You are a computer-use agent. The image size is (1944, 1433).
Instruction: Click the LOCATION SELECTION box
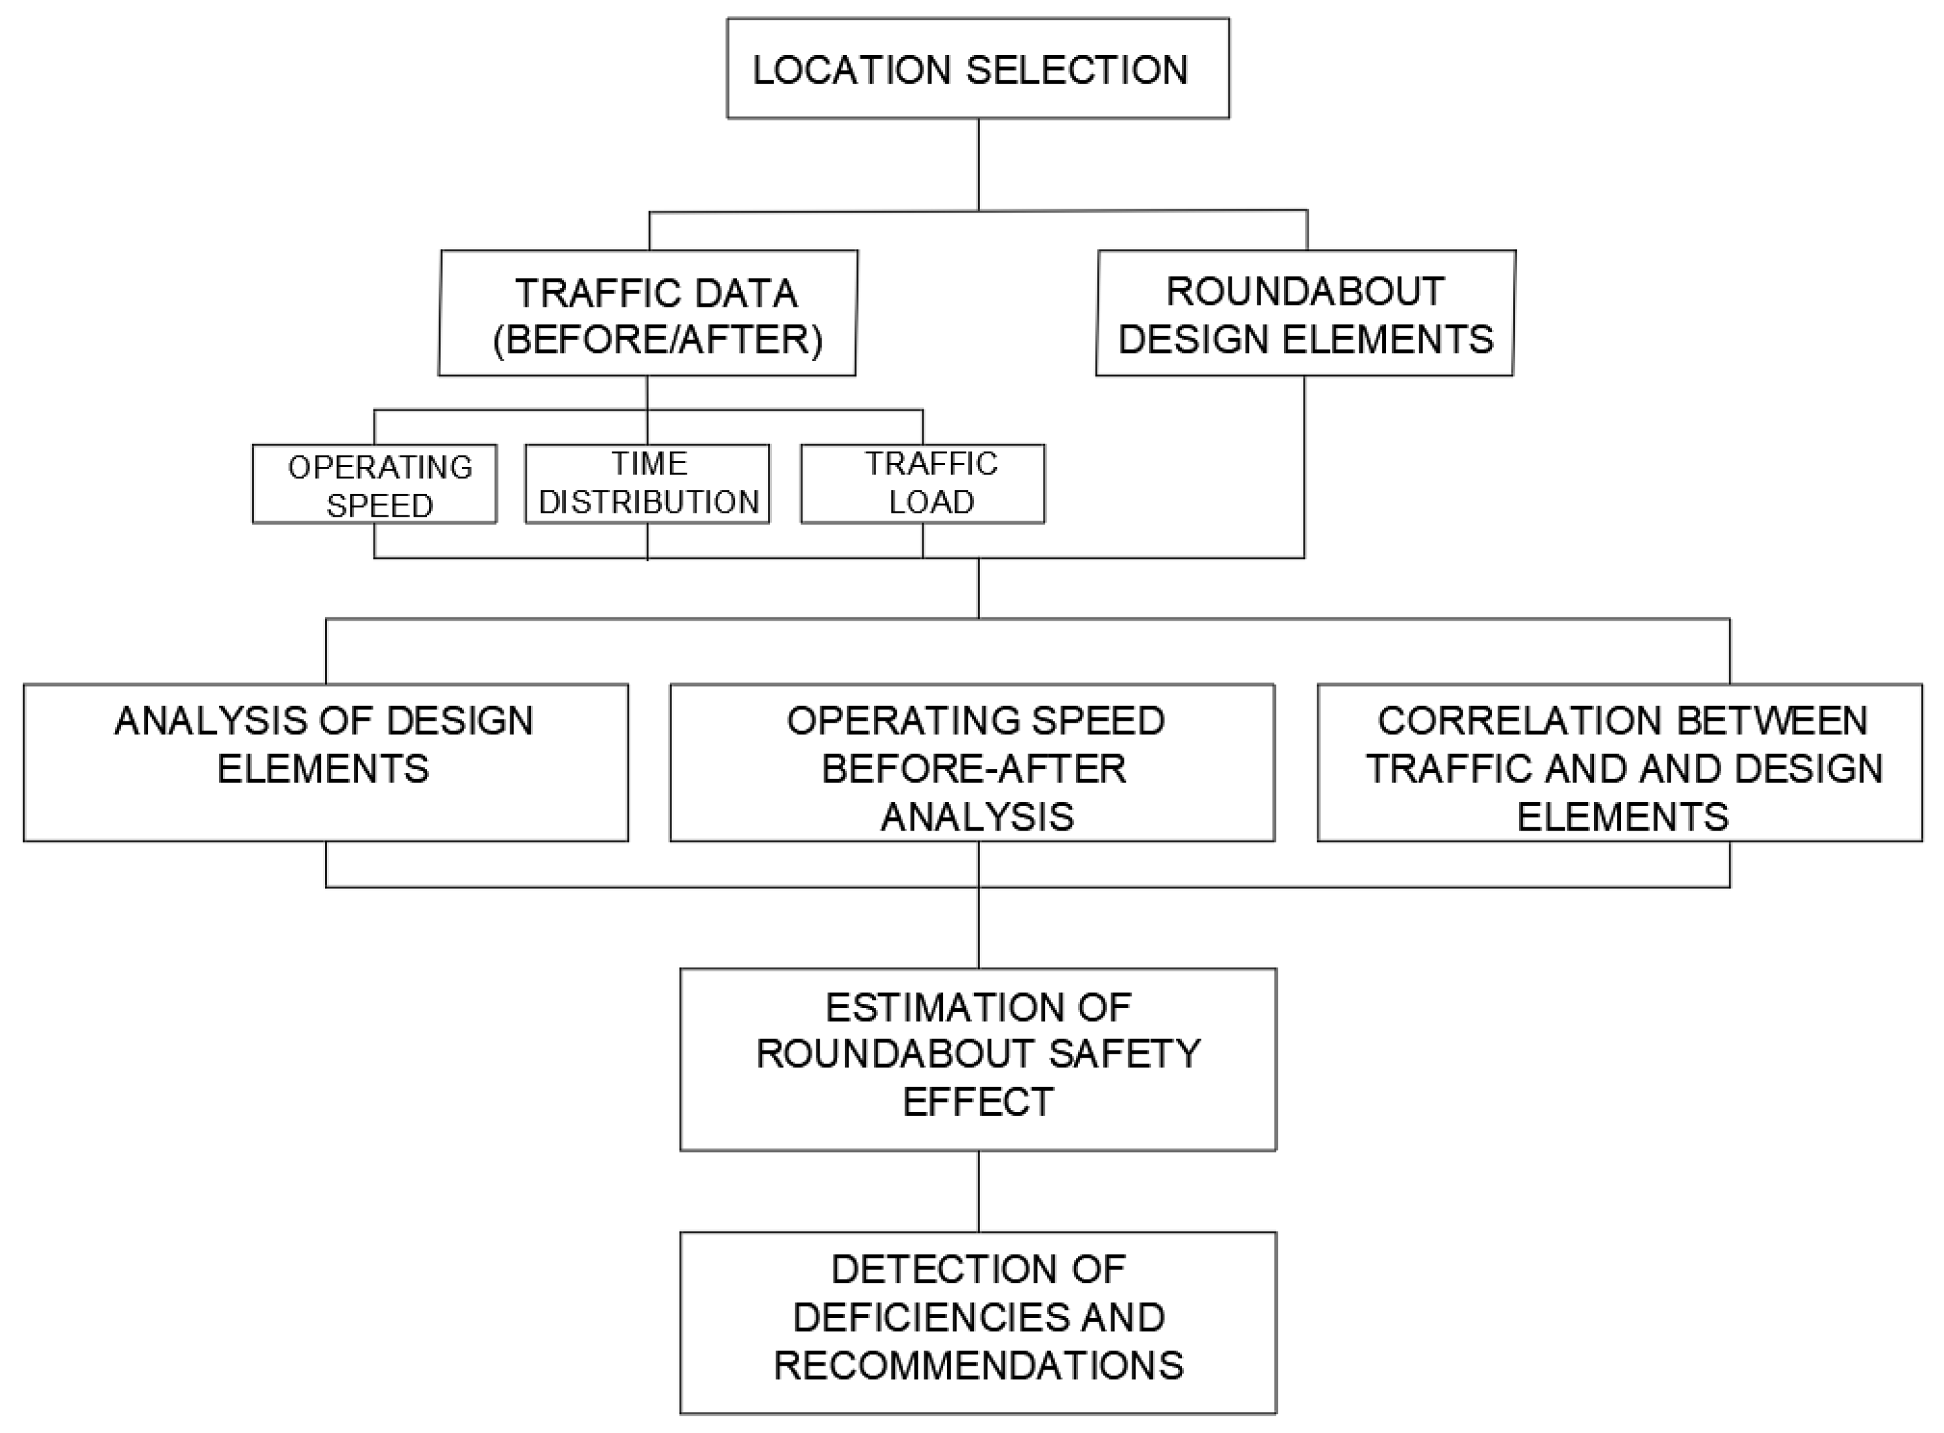tap(978, 69)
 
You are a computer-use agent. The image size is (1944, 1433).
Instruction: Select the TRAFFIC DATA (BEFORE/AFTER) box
tap(647, 313)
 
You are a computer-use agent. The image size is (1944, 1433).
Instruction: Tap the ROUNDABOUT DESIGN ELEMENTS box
tap(1305, 313)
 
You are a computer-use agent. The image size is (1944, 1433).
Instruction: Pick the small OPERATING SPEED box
tap(374, 484)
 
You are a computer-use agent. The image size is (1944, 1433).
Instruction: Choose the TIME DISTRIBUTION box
tap(647, 484)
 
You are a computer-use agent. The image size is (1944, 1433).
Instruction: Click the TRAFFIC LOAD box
tap(922, 484)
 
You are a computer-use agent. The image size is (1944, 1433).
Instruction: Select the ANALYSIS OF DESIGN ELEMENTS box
tap(325, 763)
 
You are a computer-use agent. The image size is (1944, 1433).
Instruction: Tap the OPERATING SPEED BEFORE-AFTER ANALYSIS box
tap(971, 763)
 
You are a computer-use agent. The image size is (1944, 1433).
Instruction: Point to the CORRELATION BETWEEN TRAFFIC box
tap(1620, 763)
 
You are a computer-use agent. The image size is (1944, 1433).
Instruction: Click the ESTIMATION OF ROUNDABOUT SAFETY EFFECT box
tap(978, 1059)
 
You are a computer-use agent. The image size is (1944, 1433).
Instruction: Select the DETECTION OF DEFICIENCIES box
tap(978, 1322)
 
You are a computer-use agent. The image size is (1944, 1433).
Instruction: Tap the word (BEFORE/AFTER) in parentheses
tap(657, 339)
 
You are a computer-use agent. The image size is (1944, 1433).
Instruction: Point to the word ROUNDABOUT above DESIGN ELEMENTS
tap(1305, 292)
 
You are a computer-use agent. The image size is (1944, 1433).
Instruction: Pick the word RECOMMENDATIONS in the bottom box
tap(978, 1366)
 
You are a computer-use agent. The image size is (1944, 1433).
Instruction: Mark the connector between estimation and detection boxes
tap(979, 1191)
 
